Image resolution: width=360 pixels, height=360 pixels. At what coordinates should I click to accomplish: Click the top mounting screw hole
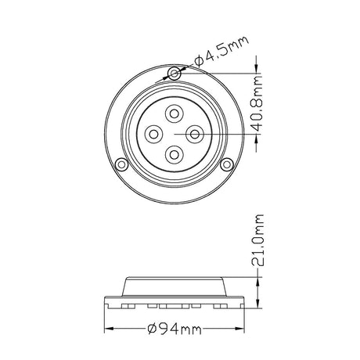click(x=173, y=74)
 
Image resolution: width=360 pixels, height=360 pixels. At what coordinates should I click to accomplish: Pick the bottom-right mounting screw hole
click(x=226, y=165)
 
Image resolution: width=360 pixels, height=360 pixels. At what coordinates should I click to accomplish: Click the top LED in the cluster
click(x=173, y=114)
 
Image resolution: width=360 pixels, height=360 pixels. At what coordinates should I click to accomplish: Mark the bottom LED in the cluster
click(x=173, y=154)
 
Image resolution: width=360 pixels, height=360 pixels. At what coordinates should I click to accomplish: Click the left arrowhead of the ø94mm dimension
click(x=108, y=329)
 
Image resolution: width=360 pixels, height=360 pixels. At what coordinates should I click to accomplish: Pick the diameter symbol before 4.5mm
click(x=198, y=58)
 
